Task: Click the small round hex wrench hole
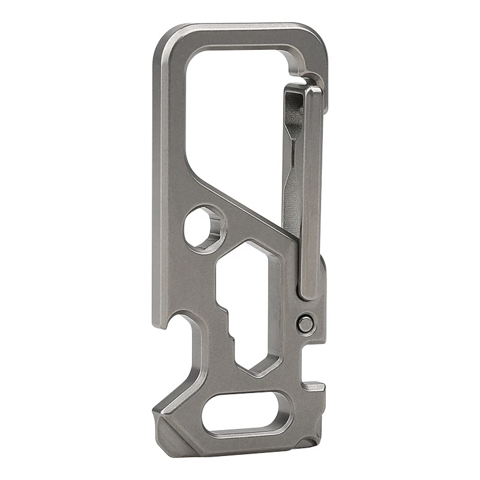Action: point(205,229)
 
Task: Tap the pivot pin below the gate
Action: point(306,324)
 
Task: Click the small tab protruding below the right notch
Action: point(315,387)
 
